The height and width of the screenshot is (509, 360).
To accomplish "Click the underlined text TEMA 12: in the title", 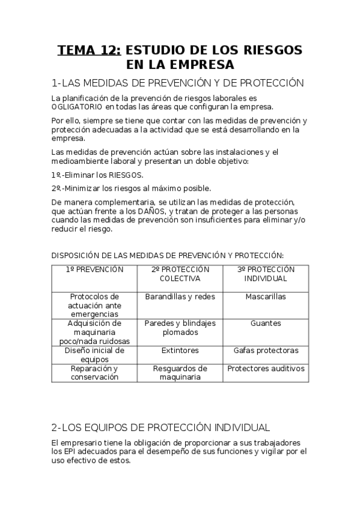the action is pos(90,50).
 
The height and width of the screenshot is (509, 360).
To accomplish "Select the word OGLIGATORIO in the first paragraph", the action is pos(78,107).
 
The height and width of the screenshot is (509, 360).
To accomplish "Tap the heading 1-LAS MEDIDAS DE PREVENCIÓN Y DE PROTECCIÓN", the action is pos(178,83).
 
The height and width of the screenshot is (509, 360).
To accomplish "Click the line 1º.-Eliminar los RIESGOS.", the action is pos(97,175).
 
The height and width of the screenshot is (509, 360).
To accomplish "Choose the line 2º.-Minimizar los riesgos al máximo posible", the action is pos(131,188).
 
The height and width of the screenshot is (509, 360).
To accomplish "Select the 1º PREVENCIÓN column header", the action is pos(94,270).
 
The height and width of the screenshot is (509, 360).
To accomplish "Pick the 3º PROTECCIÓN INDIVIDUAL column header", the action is pos(266,274).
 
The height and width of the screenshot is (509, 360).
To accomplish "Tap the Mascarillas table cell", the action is pos(266,297).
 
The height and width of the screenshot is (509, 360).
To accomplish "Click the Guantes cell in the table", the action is pos(266,323).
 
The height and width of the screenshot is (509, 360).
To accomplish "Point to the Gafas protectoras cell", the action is pos(266,350).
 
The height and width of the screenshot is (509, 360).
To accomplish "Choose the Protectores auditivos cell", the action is pos(266,369).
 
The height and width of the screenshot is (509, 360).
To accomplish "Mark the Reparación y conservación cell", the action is pos(94,373).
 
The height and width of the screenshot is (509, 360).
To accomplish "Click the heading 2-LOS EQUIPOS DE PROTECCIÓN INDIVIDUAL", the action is pos(160,427).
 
